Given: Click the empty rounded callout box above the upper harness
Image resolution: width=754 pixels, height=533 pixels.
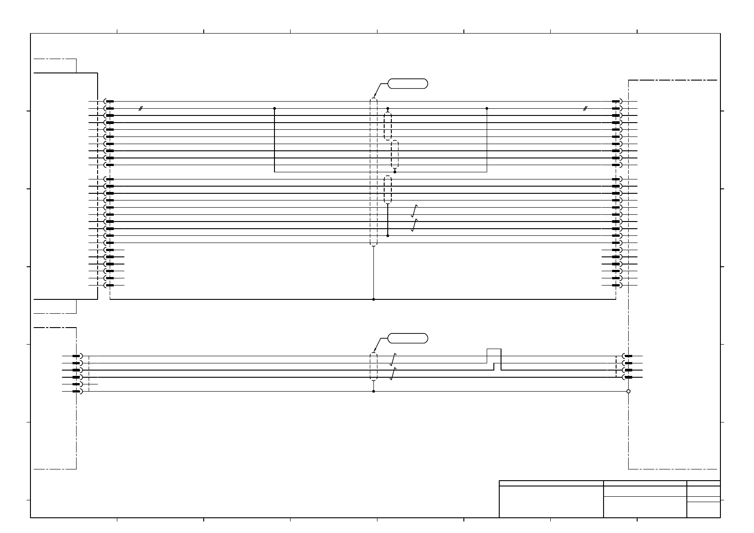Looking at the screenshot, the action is (407, 83).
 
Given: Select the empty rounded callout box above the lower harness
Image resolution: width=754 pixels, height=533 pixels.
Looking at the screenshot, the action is (407, 338).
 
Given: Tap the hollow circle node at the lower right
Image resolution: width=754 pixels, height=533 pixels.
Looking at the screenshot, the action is (628, 392).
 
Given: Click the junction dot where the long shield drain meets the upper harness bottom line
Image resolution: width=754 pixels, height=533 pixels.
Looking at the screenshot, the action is (373, 299).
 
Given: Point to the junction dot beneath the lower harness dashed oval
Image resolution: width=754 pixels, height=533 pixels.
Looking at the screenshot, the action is (373, 392).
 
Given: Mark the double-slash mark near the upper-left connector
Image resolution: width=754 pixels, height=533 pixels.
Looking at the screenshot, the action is (140, 108).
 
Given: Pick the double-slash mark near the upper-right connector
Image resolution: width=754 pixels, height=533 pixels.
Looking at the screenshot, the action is (585, 108).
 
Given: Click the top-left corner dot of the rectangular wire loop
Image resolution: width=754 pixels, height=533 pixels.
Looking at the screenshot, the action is (274, 108).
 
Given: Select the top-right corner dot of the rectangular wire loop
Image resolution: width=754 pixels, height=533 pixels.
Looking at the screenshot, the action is (487, 108).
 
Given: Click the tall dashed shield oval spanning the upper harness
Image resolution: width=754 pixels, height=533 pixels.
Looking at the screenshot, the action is (373, 172).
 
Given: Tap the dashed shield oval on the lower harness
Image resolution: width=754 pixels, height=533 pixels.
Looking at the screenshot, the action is (373, 367).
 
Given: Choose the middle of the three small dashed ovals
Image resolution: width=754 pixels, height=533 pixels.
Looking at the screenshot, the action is (395, 154).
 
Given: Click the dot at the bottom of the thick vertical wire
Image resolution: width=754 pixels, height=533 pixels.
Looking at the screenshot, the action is (388, 236).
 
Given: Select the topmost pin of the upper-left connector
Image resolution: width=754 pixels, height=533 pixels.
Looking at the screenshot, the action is (109, 102).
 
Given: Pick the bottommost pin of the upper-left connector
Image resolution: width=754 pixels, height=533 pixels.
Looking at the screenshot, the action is (109, 286).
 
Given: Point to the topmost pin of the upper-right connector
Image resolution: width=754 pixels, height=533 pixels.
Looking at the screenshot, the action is (616, 102).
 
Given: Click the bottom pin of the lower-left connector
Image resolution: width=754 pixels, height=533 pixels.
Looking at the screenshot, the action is (77, 392).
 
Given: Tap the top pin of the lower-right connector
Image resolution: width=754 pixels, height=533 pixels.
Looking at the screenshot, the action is (628, 356).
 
